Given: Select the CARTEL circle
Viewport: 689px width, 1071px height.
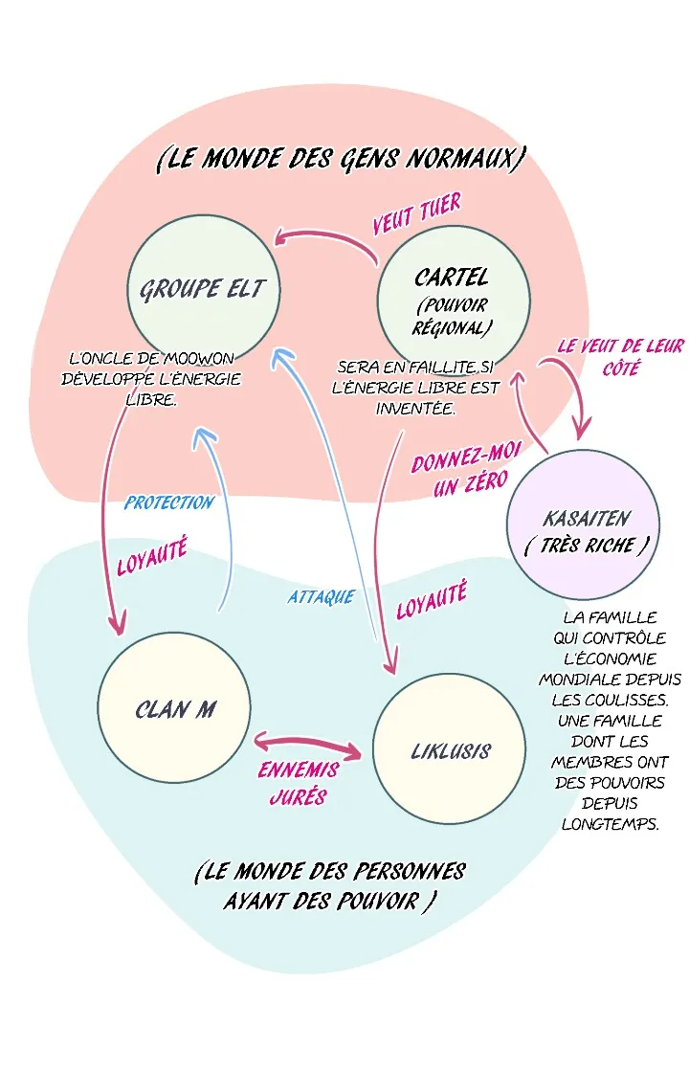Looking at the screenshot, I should pyautogui.click(x=453, y=297).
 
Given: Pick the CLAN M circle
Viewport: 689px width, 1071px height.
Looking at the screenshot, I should pyautogui.click(x=174, y=707).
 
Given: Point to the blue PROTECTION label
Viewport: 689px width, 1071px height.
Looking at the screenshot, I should pyautogui.click(x=169, y=502).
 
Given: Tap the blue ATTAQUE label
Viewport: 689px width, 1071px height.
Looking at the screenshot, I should pyautogui.click(x=322, y=597).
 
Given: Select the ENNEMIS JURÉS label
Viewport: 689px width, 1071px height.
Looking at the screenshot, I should pyautogui.click(x=298, y=783).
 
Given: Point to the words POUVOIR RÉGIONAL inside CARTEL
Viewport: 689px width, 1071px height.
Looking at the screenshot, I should pyautogui.click(x=454, y=317).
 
